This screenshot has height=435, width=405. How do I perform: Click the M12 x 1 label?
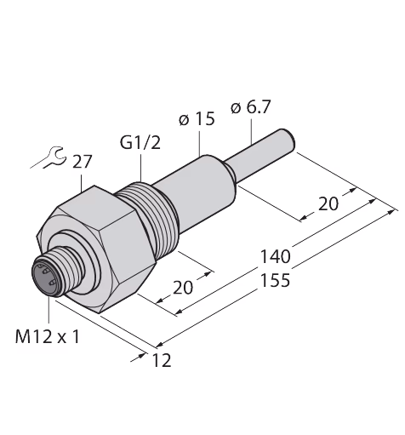48,337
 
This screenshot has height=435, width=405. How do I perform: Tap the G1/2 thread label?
140,142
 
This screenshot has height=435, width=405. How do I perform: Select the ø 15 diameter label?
197,118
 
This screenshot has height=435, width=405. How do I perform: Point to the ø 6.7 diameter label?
251,107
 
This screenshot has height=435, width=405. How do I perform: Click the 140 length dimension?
275,256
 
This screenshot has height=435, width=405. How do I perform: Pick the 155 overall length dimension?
275,280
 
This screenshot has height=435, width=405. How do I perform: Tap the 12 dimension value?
162,360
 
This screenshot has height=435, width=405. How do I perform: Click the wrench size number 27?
83,162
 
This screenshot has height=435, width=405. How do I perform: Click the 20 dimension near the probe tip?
328,203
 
